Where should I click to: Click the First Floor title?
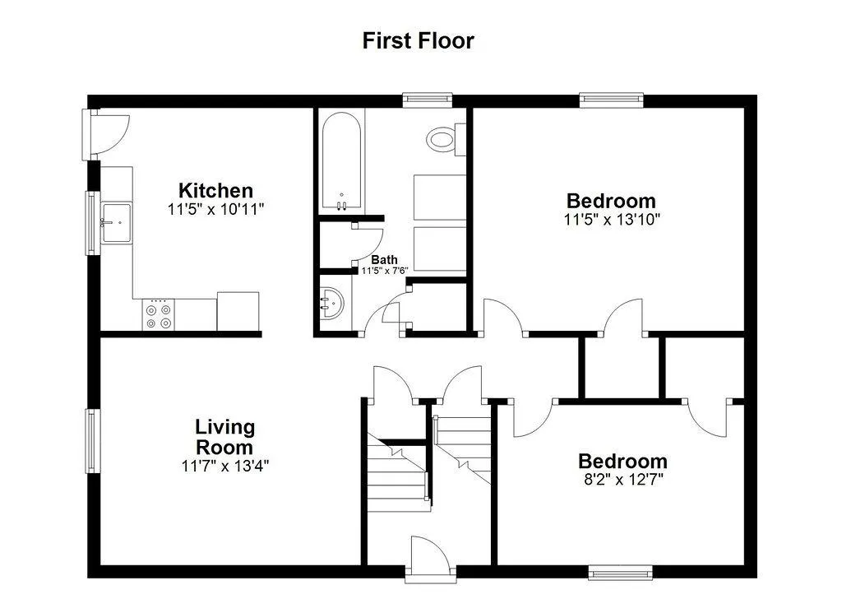coord(418,41)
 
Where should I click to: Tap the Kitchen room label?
coord(215,190)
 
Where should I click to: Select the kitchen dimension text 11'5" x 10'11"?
coord(216,209)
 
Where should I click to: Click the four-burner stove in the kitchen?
coord(159,315)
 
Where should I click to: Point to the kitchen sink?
coord(117,222)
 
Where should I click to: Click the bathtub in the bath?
coord(341,162)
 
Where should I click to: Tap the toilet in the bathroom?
coord(446,139)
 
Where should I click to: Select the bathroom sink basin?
coord(332,304)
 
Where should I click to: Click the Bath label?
coord(385,260)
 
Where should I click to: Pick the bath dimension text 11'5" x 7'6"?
coord(385,271)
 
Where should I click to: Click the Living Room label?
coord(224,437)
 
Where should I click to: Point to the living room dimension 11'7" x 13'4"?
coord(225,466)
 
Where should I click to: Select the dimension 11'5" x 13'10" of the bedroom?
coord(612,219)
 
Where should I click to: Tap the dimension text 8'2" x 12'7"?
coord(623,479)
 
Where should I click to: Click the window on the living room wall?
coord(93,441)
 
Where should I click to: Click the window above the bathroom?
coord(428,100)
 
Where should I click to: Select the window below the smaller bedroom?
coord(621,573)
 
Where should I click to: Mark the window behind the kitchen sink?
coord(93,223)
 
